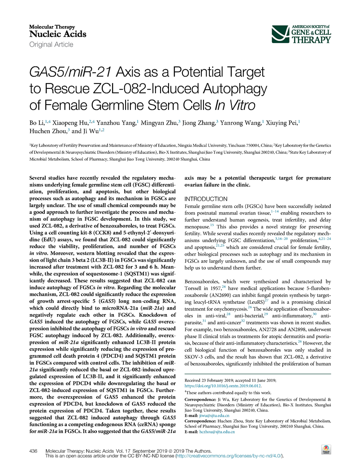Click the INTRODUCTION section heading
(x=208, y=199)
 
